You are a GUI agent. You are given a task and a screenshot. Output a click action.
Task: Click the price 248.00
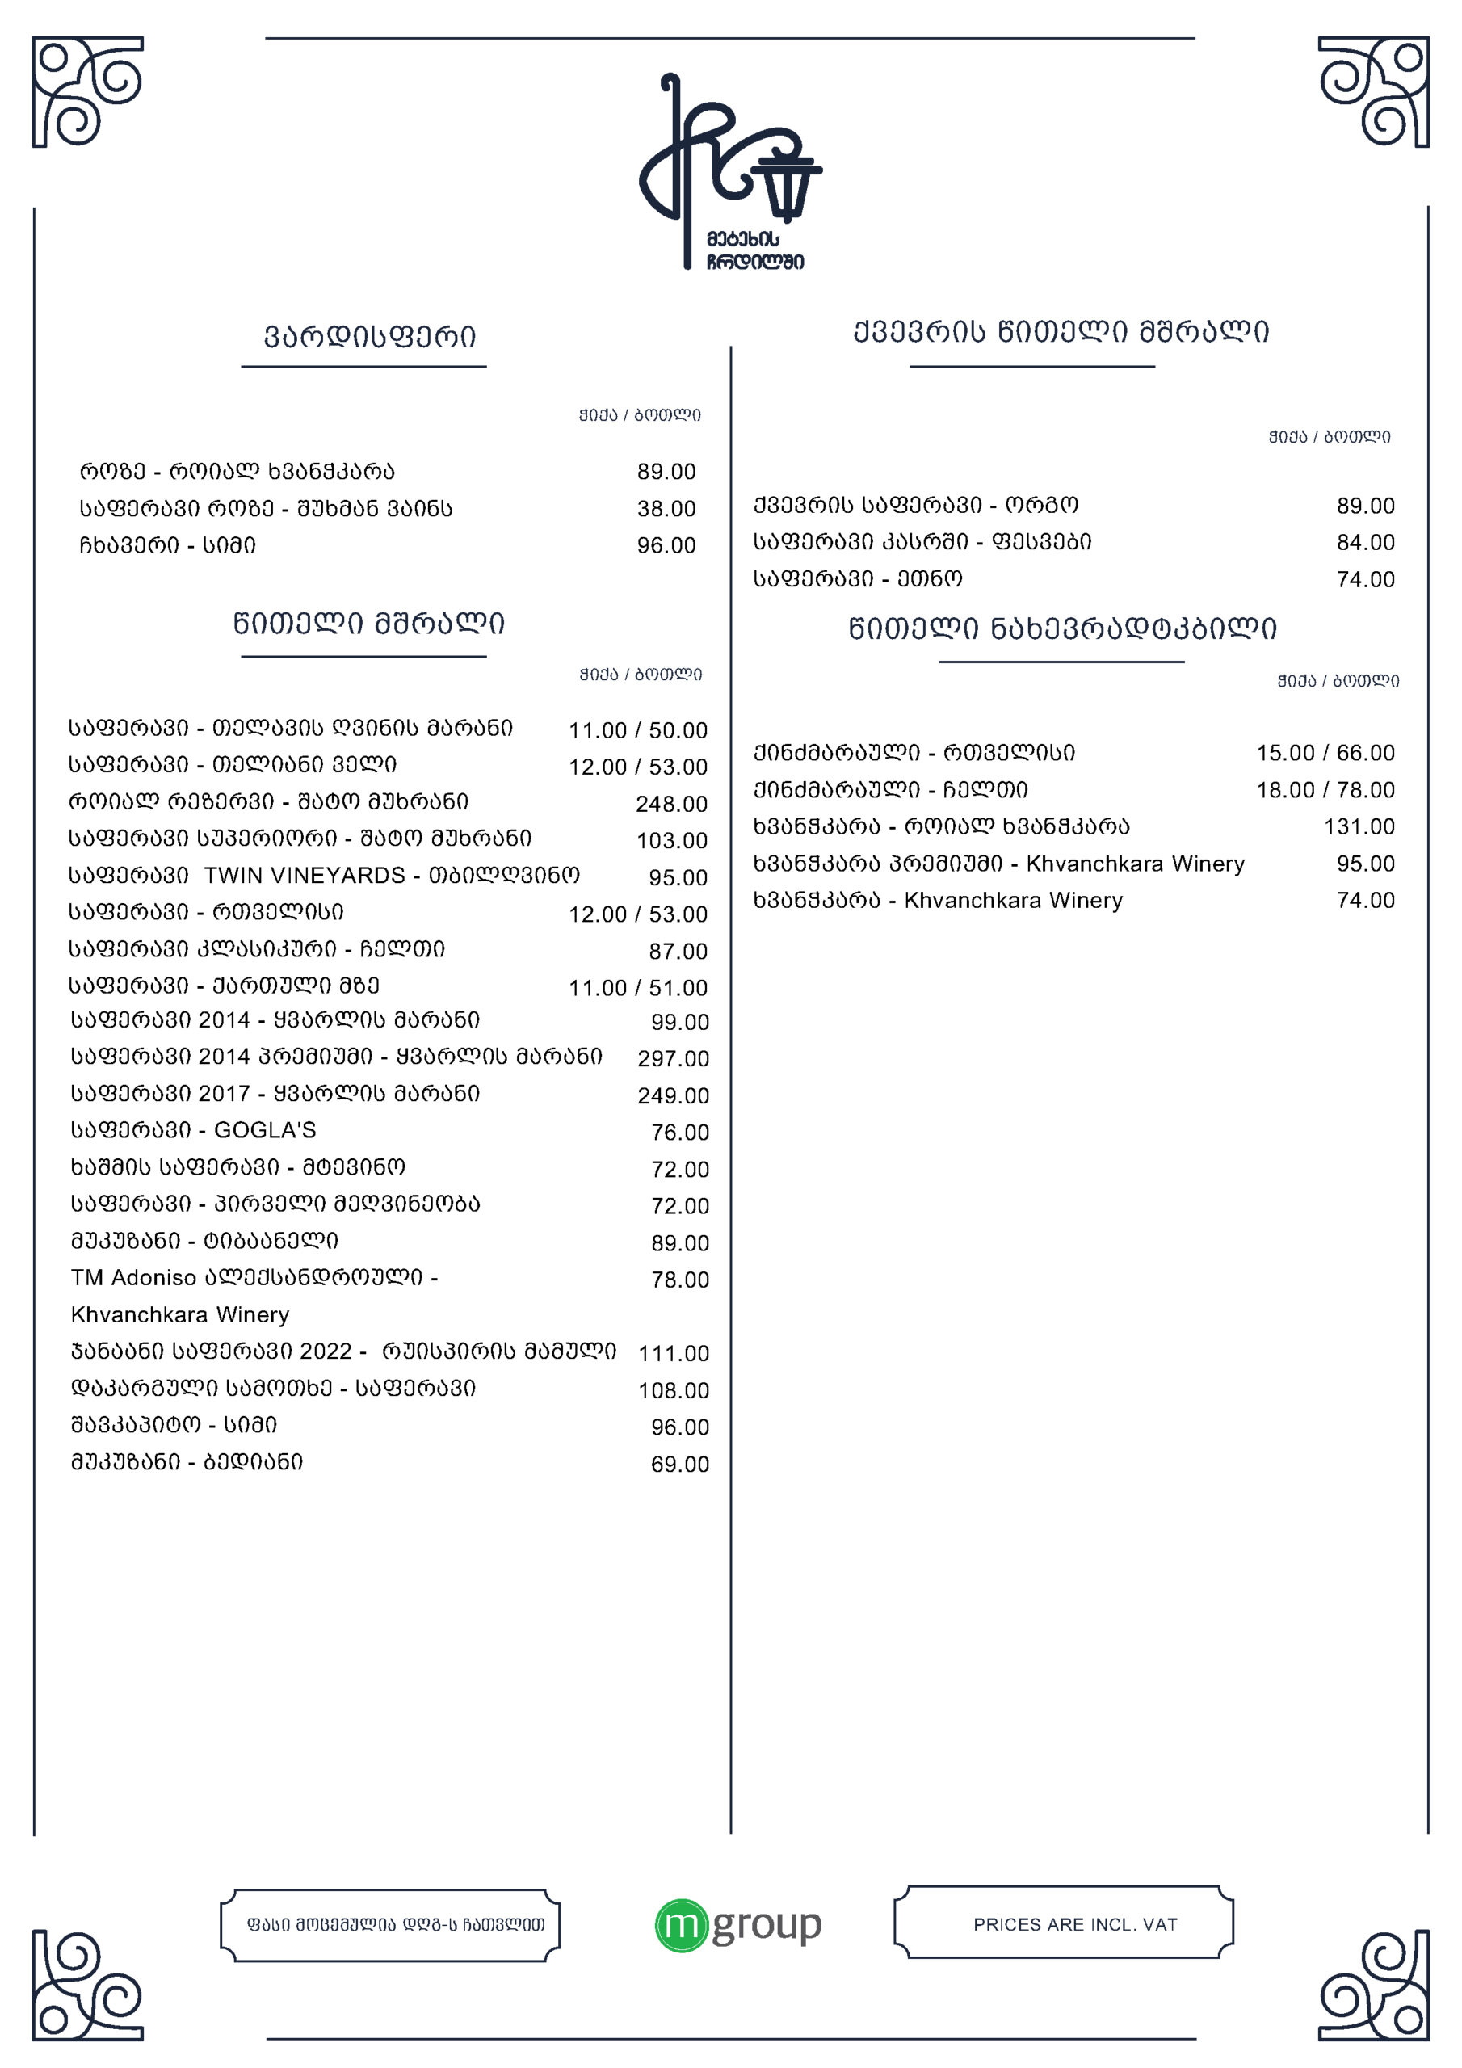(671, 804)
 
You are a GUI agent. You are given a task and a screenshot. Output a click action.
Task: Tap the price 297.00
(673, 1058)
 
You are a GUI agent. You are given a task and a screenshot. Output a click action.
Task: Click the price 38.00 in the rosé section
(666, 509)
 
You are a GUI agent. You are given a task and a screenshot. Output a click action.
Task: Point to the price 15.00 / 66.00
(1325, 752)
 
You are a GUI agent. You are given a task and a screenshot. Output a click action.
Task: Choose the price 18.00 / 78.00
(1325, 790)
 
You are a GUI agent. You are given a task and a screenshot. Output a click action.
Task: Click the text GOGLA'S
(265, 1130)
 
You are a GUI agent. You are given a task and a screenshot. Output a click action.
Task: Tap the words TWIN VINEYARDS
(305, 876)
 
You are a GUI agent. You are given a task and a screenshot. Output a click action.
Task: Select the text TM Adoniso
(133, 1278)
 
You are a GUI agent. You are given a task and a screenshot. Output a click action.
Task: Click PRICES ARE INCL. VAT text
(1074, 1925)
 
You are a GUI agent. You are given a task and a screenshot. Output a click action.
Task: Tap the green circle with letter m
(681, 1925)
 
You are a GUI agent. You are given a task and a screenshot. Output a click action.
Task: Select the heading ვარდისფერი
(369, 337)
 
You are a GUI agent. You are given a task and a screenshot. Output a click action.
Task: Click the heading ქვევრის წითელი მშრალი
(1061, 331)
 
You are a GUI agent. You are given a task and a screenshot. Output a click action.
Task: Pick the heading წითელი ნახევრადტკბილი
(1062, 628)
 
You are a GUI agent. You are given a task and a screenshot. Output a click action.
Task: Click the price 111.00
(673, 1353)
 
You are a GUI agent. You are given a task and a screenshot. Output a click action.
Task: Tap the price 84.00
(1365, 542)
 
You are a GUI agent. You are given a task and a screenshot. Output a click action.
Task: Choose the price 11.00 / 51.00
(638, 988)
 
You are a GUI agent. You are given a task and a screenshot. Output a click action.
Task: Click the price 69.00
(679, 1465)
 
